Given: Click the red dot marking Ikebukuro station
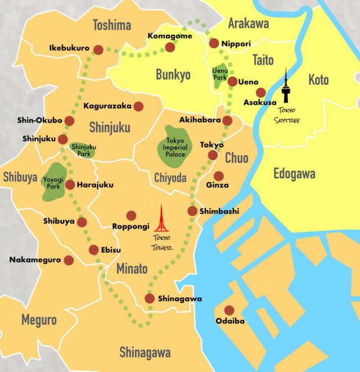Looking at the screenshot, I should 98,49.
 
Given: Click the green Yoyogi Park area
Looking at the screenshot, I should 55,182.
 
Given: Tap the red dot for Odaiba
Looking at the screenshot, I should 229,310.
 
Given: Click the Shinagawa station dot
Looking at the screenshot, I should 150,299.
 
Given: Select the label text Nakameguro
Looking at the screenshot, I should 33,260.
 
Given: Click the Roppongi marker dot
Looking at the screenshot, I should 131,215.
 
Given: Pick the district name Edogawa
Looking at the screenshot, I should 294,174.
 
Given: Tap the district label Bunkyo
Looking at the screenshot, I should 173,75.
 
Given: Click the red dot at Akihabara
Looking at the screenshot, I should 227,120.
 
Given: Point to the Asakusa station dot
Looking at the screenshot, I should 260,92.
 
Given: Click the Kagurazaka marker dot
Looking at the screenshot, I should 138,106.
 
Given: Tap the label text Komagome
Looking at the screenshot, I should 170,36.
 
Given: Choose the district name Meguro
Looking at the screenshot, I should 39,320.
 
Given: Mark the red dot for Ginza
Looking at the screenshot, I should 218,176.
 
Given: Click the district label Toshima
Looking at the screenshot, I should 112,25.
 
